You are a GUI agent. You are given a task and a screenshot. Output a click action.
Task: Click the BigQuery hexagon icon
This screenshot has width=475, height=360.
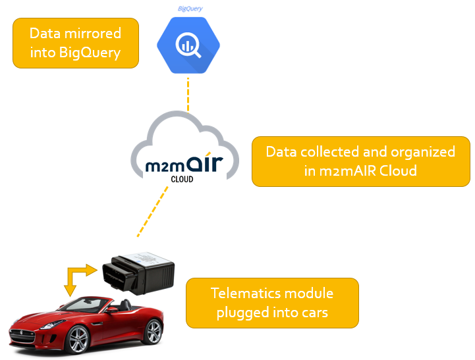click(188, 45)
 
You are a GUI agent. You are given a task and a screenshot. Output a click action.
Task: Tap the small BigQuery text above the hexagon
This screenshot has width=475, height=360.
click(190, 9)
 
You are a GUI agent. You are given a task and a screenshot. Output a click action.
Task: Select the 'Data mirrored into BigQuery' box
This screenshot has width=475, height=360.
click(76, 43)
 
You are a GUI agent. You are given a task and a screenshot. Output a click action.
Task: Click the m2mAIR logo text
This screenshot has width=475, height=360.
click(181, 161)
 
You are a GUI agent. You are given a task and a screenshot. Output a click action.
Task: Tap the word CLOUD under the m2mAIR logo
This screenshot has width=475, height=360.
click(182, 178)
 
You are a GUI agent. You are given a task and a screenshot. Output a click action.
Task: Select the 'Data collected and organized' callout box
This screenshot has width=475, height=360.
click(361, 161)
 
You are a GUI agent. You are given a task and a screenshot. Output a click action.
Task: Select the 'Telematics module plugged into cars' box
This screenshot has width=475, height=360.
click(272, 303)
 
